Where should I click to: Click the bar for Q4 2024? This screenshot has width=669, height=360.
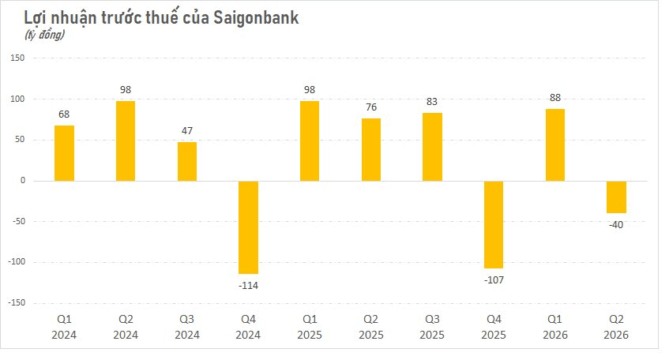tap(248, 227)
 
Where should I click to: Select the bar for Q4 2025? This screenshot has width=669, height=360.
tap(494, 224)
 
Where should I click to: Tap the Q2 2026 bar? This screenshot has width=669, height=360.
tap(617, 197)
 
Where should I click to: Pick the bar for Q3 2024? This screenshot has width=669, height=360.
tap(187, 162)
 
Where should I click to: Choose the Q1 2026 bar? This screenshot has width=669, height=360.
tap(555, 145)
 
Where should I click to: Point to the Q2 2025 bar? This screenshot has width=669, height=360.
tap(371, 150)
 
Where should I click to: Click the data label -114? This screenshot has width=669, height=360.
tap(248, 285)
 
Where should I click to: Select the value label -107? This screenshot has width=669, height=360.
tap(494, 279)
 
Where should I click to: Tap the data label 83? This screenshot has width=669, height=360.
tap(432, 102)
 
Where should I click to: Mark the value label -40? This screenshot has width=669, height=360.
tap(616, 225)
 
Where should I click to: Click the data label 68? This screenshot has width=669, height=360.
tap(64, 114)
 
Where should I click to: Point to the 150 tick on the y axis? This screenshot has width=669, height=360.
tap(17, 58)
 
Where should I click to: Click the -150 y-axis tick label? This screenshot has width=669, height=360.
tap(17, 302)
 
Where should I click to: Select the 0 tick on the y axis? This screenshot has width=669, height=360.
tap(23, 181)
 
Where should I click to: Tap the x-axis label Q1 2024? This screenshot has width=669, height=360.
tap(64, 327)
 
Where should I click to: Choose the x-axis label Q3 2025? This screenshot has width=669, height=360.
tap(432, 327)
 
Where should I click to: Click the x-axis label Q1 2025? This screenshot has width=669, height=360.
tap(310, 327)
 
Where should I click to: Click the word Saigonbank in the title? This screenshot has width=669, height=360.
tap(256, 18)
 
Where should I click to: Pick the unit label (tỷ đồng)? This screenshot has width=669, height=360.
tap(44, 35)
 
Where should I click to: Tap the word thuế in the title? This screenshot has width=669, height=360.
tap(167, 17)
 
